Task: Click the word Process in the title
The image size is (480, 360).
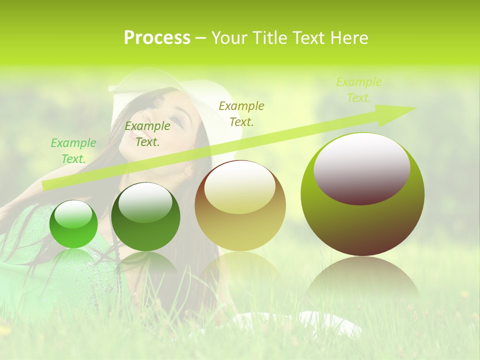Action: tap(157, 38)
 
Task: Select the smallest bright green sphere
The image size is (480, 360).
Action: tap(73, 224)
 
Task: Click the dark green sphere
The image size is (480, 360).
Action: tap(145, 216)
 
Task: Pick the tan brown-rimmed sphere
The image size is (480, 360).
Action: tap(240, 205)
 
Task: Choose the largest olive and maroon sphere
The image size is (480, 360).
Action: tap(362, 194)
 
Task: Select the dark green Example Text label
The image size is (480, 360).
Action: tap(147, 134)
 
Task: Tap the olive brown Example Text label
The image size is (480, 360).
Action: tap(241, 113)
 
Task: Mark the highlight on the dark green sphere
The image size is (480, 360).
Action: tap(145, 202)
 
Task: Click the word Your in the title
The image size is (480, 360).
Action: tap(230, 38)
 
